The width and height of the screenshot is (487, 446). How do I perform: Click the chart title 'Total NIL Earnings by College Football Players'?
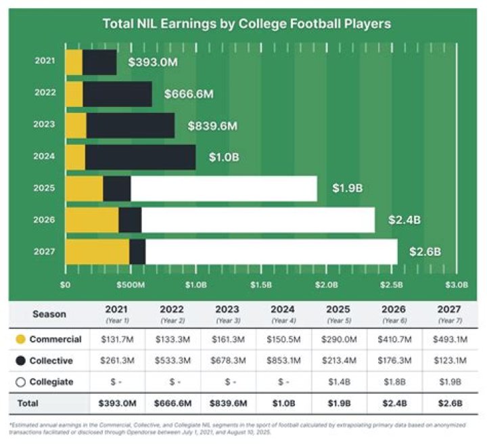click(246, 24)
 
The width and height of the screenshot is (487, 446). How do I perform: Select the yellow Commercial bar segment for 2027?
click(97, 252)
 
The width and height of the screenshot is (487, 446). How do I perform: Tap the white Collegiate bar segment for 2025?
click(223, 189)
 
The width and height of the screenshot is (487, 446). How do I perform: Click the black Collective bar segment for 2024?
click(140, 158)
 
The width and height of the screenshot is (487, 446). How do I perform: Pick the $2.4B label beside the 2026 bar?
click(404, 220)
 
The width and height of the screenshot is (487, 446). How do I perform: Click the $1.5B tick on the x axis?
click(260, 285)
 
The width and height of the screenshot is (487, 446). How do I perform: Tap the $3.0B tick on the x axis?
click(455, 285)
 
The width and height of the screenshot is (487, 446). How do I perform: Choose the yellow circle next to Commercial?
click(21, 340)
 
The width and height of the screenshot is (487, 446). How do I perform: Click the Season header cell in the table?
click(49, 314)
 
